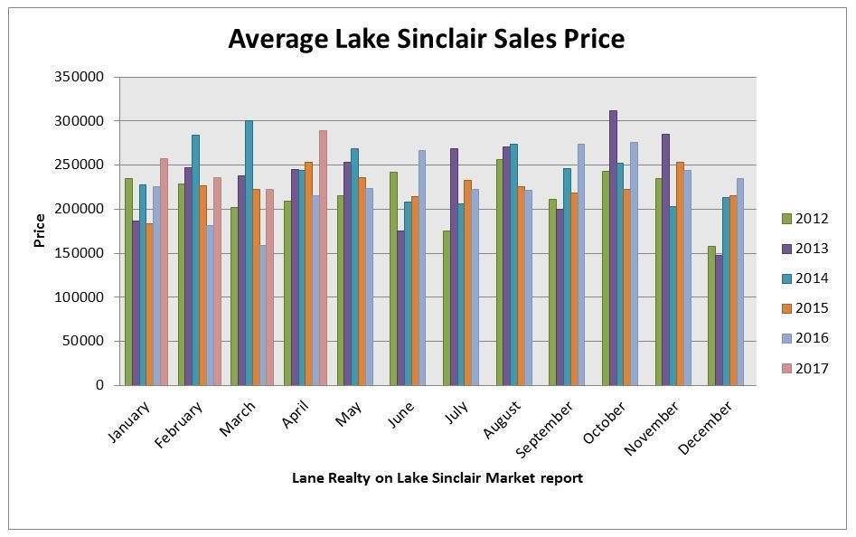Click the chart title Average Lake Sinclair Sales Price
(426, 39)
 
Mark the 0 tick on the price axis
(99, 385)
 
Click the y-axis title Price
(41, 231)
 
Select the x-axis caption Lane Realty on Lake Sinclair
(437, 478)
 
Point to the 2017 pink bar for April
(323, 258)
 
